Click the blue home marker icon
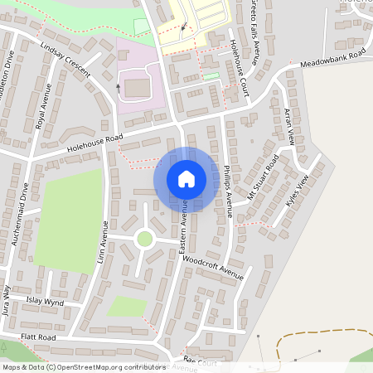coord(186,179)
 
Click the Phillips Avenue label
coord(228,189)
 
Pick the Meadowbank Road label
coord(332,58)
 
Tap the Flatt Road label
coord(38,337)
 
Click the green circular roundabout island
coord(144,239)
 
